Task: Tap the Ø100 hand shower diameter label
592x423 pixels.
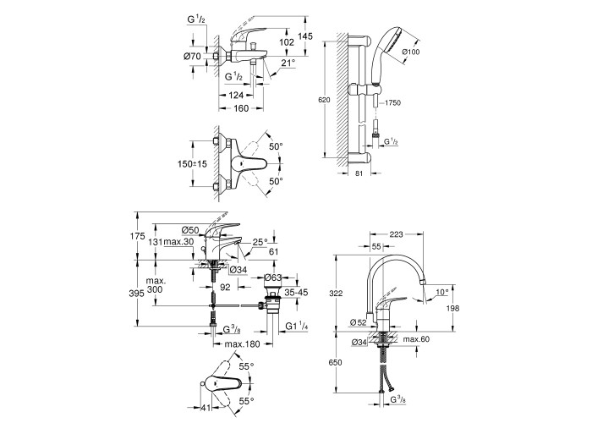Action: (411, 52)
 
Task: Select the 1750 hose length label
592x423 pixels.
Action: (392, 102)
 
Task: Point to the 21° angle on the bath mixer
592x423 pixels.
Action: (288, 63)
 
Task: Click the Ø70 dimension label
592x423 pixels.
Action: (192, 57)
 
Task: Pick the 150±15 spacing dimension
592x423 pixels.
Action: (192, 164)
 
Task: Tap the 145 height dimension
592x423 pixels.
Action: (305, 36)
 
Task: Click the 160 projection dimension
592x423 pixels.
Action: (241, 108)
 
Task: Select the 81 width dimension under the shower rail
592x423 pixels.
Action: (359, 173)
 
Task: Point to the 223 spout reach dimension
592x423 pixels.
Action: (396, 234)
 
